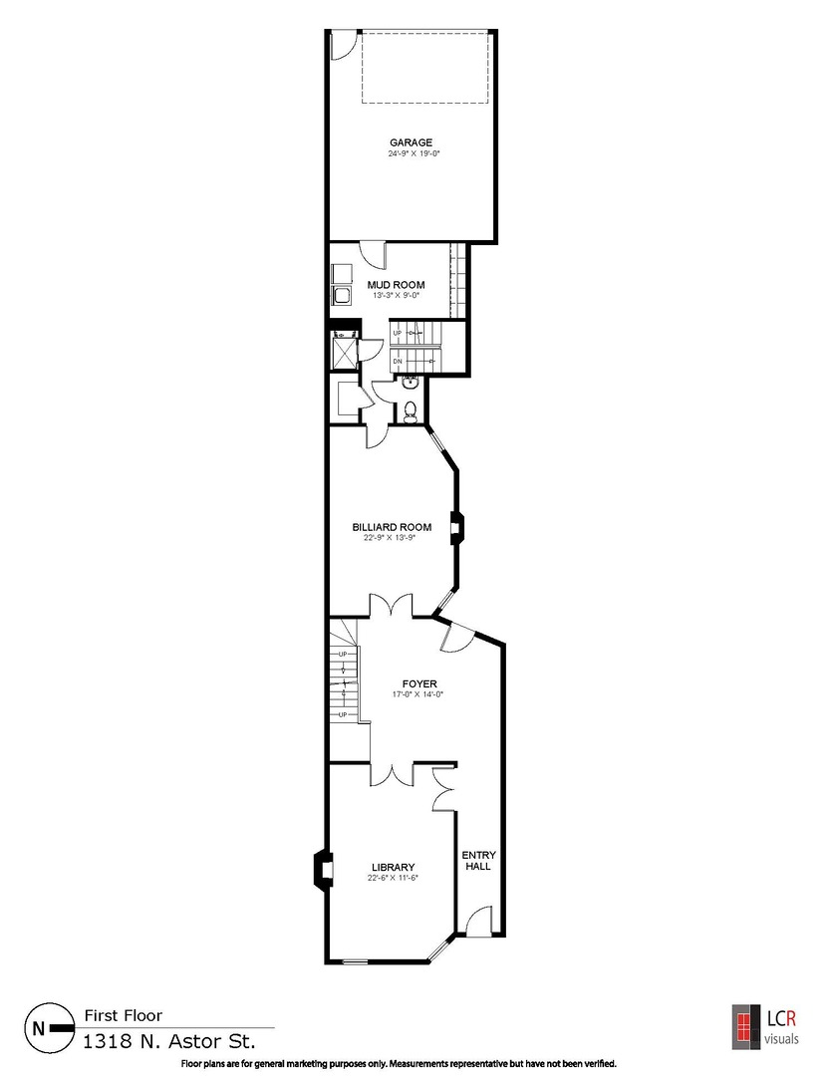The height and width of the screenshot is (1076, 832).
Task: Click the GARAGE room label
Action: coord(411,142)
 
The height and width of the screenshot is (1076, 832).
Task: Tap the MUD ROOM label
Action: coord(396,285)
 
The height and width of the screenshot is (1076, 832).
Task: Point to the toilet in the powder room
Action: coord(410,408)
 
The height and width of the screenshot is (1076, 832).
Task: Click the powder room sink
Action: coord(410,380)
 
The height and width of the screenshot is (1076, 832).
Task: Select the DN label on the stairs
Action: coord(398,361)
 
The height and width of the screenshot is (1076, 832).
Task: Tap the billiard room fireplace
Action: coord(455,528)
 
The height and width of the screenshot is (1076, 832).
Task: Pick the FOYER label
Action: coord(414,683)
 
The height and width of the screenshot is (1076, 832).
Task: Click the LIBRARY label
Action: coord(393,867)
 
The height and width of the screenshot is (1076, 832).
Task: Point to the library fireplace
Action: coord(322,868)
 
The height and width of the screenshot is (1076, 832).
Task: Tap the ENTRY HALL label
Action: coord(478,861)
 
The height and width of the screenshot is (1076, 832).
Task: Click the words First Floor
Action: coord(124,1015)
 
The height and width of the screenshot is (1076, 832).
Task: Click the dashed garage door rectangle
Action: coord(425,66)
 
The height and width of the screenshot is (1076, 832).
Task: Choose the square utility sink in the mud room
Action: coord(341,296)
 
